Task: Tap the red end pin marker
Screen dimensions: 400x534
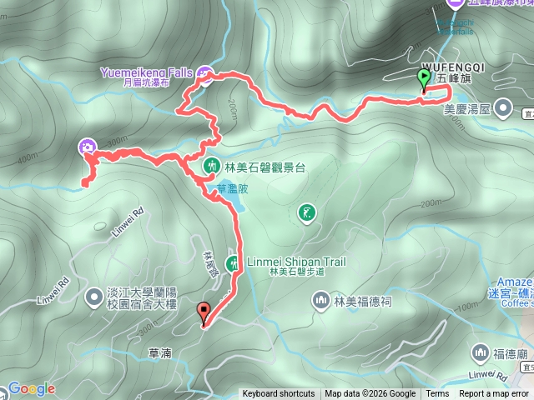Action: [x=203, y=313]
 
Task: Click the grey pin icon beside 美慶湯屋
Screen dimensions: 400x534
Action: [x=503, y=108]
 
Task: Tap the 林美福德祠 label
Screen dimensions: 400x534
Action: [x=362, y=301]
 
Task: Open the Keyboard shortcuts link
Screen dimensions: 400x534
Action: [x=279, y=394]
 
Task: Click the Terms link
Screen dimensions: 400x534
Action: [x=437, y=394]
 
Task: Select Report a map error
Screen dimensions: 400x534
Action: [x=494, y=394]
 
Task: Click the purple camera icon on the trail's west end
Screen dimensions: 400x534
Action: [x=86, y=148]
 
